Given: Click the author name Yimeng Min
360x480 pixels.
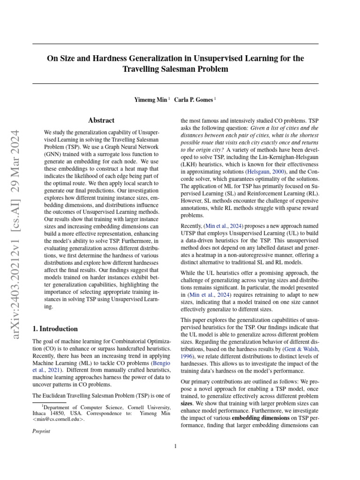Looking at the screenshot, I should click(x=150, y=100).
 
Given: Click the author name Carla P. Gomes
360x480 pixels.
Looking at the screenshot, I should click(x=194, y=100).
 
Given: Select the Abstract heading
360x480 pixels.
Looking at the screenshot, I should click(x=102, y=121).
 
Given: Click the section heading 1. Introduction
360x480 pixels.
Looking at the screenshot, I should click(x=55, y=329).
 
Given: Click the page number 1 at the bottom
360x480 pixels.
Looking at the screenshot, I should click(x=175, y=446).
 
